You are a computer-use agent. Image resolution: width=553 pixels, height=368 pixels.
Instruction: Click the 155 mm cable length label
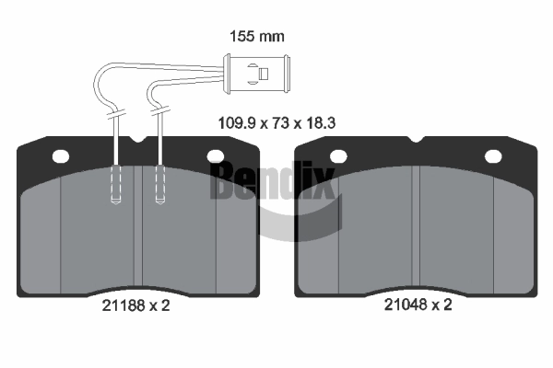257,36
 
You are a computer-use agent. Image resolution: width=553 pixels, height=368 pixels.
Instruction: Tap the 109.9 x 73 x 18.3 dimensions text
276,123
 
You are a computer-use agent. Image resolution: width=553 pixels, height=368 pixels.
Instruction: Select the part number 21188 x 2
135,305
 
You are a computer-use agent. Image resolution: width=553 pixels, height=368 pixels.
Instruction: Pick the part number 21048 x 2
418,305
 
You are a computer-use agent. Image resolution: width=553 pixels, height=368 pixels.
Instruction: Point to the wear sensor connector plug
257,74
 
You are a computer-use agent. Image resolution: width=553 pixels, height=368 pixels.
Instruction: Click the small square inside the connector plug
264,74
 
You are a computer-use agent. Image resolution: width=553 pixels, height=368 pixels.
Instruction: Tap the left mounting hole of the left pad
61,156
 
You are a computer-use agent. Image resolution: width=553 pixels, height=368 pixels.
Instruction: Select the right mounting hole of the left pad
216,156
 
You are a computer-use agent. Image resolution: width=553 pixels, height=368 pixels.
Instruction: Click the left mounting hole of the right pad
338,156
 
